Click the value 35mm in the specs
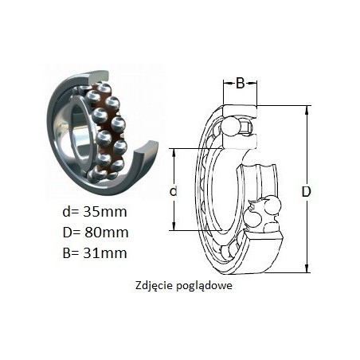click(105, 212)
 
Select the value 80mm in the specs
click(107, 233)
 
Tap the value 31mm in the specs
click(105, 252)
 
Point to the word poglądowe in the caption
click(204, 286)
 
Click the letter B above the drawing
click(240, 84)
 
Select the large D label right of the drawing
click(306, 191)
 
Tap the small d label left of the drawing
click(174, 190)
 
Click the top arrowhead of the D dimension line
click(307, 108)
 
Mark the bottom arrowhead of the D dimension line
click(307, 269)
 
